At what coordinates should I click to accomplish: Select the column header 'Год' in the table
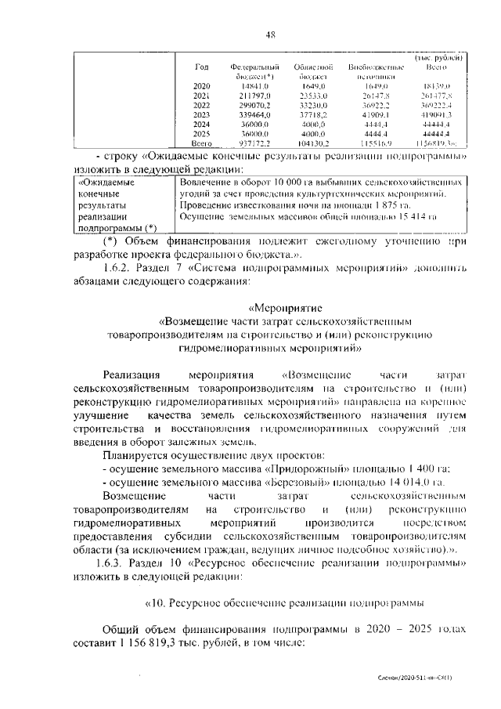pos(201,67)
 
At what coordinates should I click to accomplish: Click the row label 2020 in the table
pos(201,85)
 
